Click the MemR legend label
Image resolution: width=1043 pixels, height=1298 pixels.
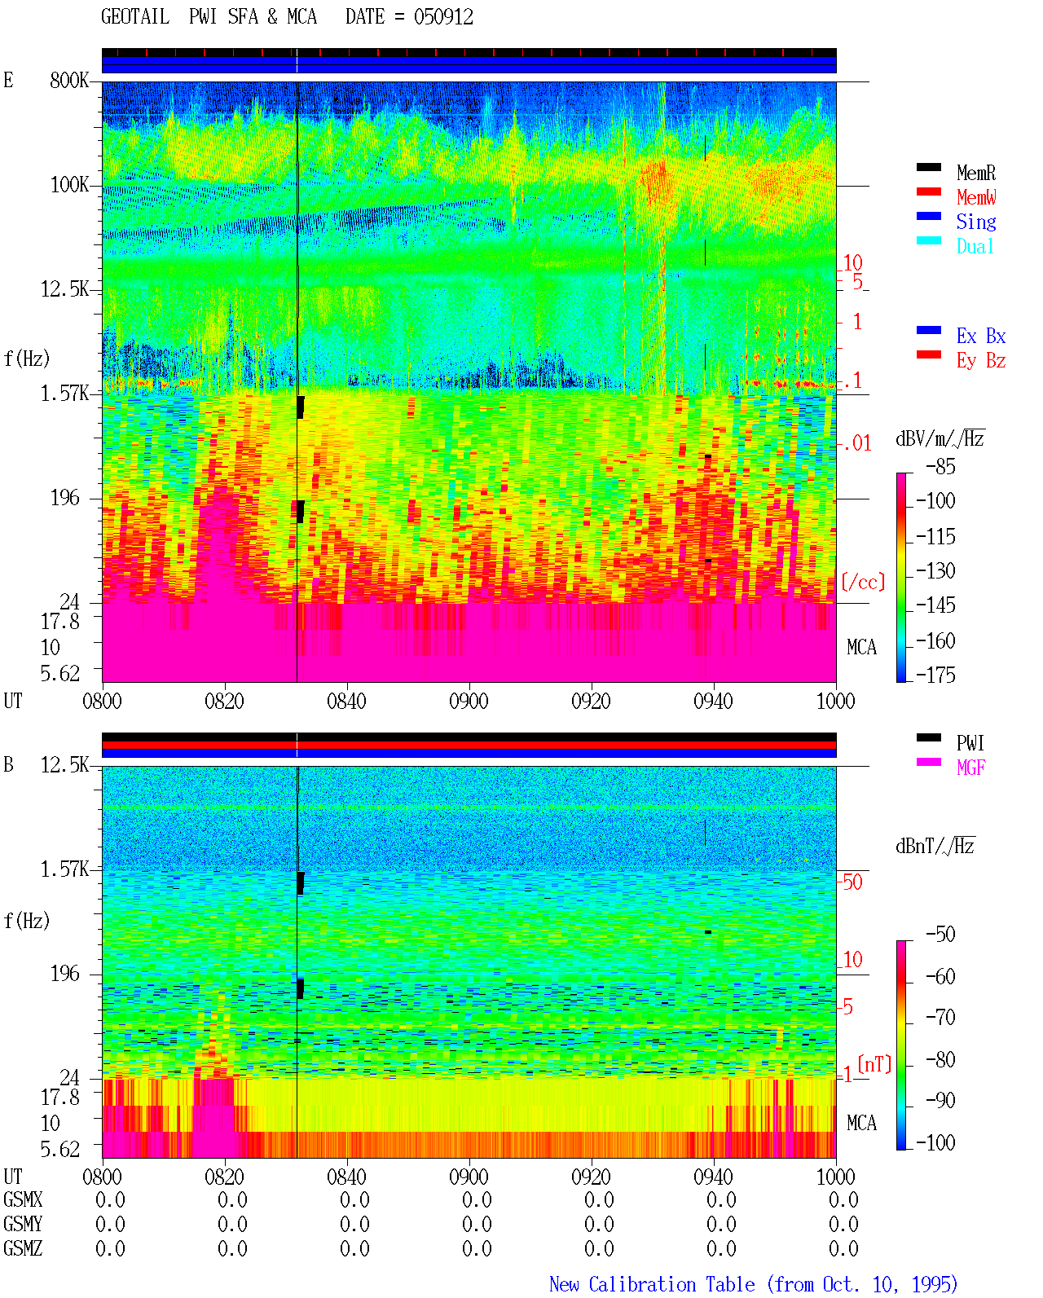pyautogui.click(x=975, y=173)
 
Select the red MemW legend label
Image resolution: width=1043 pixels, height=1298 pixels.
pyautogui.click(x=975, y=197)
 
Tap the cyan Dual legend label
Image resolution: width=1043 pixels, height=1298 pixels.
pyautogui.click(x=975, y=246)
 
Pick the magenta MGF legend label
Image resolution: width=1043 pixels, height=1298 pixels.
pyautogui.click(x=970, y=768)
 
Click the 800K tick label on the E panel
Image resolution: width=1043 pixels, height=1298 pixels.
pyautogui.click(x=69, y=80)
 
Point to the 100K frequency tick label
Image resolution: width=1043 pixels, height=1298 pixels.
pyautogui.click(x=69, y=185)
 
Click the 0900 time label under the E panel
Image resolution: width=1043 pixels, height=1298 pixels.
pyautogui.click(x=469, y=701)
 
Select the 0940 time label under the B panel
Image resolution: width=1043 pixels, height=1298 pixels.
pyautogui.click(x=713, y=1176)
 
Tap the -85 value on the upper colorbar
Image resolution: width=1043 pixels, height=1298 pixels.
pyautogui.click(x=940, y=466)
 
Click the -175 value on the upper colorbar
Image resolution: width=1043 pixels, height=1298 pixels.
pyautogui.click(x=935, y=675)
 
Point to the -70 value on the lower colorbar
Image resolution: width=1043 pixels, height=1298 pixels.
pyautogui.click(x=940, y=1018)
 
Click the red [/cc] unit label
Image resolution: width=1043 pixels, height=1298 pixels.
pyautogui.click(x=863, y=582)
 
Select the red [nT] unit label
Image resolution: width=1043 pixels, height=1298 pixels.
pyautogui.click(x=874, y=1064)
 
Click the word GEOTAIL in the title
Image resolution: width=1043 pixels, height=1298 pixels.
pyautogui.click(x=135, y=17)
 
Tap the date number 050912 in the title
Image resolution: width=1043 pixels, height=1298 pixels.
pyautogui.click(x=443, y=17)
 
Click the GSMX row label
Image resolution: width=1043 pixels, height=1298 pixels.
pyautogui.click(x=23, y=1199)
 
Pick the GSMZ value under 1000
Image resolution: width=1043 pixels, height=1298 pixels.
pyautogui.click(x=843, y=1248)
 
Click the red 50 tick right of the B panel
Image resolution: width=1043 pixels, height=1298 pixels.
pyautogui.click(x=852, y=882)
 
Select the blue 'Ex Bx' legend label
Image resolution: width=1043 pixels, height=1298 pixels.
pyautogui.click(x=980, y=336)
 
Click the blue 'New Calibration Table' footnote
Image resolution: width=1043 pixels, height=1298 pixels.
pyautogui.click(x=652, y=1284)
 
